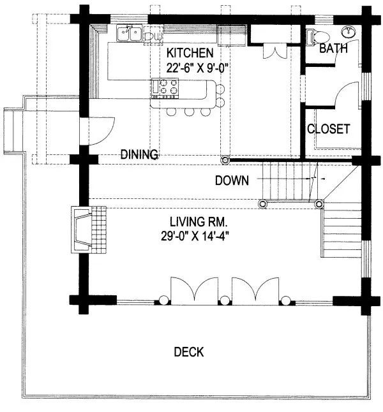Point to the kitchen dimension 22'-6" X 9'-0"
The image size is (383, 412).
[x=189, y=66]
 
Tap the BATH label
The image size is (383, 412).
[x=333, y=48]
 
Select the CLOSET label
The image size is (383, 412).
[x=328, y=128]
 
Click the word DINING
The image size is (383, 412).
[x=140, y=154]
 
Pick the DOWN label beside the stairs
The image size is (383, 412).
[x=231, y=180]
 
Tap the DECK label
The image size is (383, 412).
[x=188, y=352]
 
